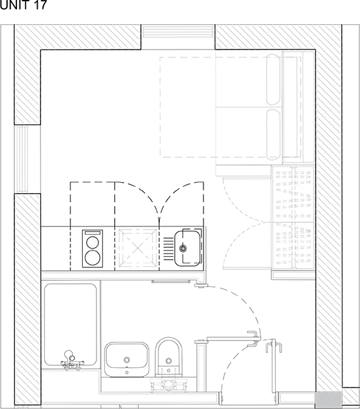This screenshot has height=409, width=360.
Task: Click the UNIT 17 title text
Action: point(23,5)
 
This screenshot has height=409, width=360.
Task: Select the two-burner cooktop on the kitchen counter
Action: point(93,249)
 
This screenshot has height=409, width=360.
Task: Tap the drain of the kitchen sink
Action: point(183,249)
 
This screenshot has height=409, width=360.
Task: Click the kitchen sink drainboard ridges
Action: point(168,249)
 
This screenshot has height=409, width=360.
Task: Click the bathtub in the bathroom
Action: point(70,325)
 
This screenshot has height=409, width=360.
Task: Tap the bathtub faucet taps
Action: point(70,361)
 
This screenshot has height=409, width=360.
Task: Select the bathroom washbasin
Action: point(127,359)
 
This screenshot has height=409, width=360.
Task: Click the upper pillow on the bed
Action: point(273,80)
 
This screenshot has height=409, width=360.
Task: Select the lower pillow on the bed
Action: point(273,134)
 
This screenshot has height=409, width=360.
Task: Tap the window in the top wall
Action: point(178,32)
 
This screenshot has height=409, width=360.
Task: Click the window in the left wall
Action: point(22,159)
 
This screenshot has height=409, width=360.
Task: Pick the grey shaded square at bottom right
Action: point(329,399)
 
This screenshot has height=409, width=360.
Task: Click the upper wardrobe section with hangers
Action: point(293,194)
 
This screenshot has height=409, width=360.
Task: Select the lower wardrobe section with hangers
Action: point(293,246)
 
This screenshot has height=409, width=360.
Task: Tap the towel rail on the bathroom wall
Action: point(171,281)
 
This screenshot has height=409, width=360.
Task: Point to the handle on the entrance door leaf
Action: point(274,346)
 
